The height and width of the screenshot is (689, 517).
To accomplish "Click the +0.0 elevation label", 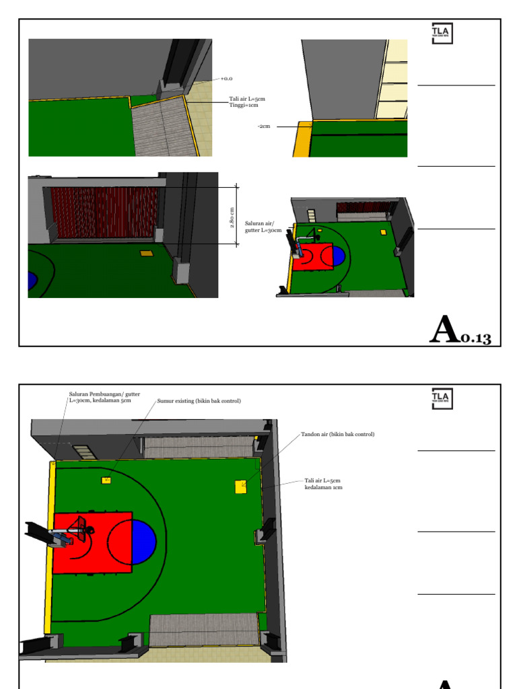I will [x=226, y=79].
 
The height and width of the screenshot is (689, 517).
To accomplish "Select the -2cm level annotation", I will [x=263, y=126].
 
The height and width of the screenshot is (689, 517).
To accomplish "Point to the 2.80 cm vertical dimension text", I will [x=232, y=217].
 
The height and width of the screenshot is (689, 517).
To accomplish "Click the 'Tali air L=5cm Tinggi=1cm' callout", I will [x=243, y=102].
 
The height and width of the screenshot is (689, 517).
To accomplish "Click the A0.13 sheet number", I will [x=460, y=330].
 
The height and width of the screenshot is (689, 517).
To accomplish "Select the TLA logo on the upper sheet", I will [x=442, y=34].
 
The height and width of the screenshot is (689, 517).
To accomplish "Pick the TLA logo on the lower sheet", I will [x=442, y=398].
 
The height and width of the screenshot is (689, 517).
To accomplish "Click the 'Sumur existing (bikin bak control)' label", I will [x=199, y=401].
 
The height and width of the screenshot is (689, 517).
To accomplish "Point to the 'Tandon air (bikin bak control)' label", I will [x=337, y=435].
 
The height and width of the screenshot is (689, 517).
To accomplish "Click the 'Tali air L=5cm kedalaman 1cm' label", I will [x=323, y=484].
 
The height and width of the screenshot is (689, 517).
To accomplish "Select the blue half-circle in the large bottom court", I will [x=144, y=542].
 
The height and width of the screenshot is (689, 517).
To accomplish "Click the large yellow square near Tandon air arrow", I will [x=241, y=486].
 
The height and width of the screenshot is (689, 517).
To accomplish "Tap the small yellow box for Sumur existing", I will [x=106, y=480].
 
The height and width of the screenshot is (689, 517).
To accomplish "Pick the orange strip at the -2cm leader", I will [x=302, y=139].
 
